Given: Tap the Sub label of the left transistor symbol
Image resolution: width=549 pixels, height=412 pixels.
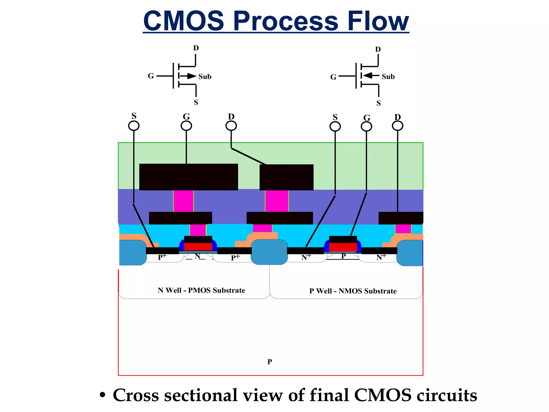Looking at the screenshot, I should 205,77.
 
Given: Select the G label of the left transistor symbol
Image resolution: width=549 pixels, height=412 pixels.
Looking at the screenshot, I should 151,76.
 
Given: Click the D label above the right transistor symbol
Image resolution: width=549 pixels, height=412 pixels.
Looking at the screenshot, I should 378,49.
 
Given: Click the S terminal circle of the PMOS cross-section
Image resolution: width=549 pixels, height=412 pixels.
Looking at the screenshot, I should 134,126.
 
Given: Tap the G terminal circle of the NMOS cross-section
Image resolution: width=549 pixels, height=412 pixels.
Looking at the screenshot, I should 366,126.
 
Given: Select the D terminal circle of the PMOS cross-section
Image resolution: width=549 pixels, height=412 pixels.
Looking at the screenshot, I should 231,126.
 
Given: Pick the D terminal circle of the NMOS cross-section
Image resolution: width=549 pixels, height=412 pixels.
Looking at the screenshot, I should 397,126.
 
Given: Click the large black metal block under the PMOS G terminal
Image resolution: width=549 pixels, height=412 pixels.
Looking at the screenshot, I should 188,177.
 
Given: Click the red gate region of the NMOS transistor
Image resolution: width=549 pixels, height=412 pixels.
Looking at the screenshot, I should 343,247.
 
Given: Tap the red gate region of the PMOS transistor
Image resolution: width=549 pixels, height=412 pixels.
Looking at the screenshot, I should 198,247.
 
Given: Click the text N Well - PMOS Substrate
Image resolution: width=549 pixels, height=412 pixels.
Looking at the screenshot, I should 201,290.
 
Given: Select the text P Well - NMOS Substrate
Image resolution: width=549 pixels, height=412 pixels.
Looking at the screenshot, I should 353,291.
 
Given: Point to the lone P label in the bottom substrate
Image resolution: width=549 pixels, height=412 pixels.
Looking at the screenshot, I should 270,362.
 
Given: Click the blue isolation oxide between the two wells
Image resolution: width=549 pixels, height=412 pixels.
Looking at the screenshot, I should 269,252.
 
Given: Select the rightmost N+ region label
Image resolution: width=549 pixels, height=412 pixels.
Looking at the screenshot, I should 381,257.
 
